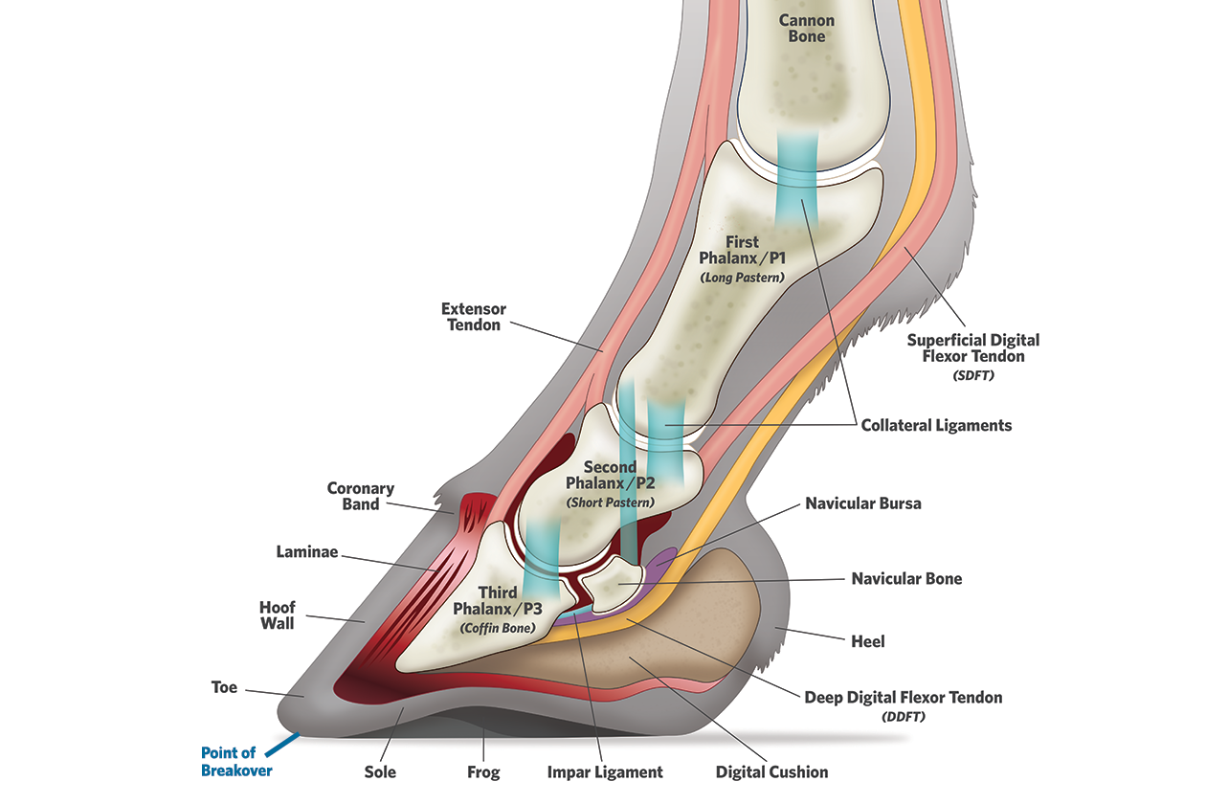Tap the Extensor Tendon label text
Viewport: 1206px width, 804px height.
click(x=473, y=317)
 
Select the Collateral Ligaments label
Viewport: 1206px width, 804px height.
click(x=936, y=425)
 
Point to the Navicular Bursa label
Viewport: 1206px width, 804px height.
click(x=862, y=502)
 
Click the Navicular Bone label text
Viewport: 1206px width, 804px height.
click(x=906, y=578)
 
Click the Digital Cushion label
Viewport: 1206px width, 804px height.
click(x=771, y=771)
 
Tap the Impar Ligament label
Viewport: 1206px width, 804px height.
click(x=604, y=771)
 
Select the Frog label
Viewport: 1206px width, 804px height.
click(x=483, y=771)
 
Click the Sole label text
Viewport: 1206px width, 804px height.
click(x=379, y=771)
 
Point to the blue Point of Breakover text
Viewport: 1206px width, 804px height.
click(x=236, y=762)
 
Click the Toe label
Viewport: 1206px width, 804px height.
click(x=224, y=687)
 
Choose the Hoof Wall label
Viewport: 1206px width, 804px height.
click(x=278, y=615)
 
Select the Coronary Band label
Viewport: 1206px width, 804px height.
click(x=360, y=496)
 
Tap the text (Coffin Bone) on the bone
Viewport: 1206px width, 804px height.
click(x=496, y=628)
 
